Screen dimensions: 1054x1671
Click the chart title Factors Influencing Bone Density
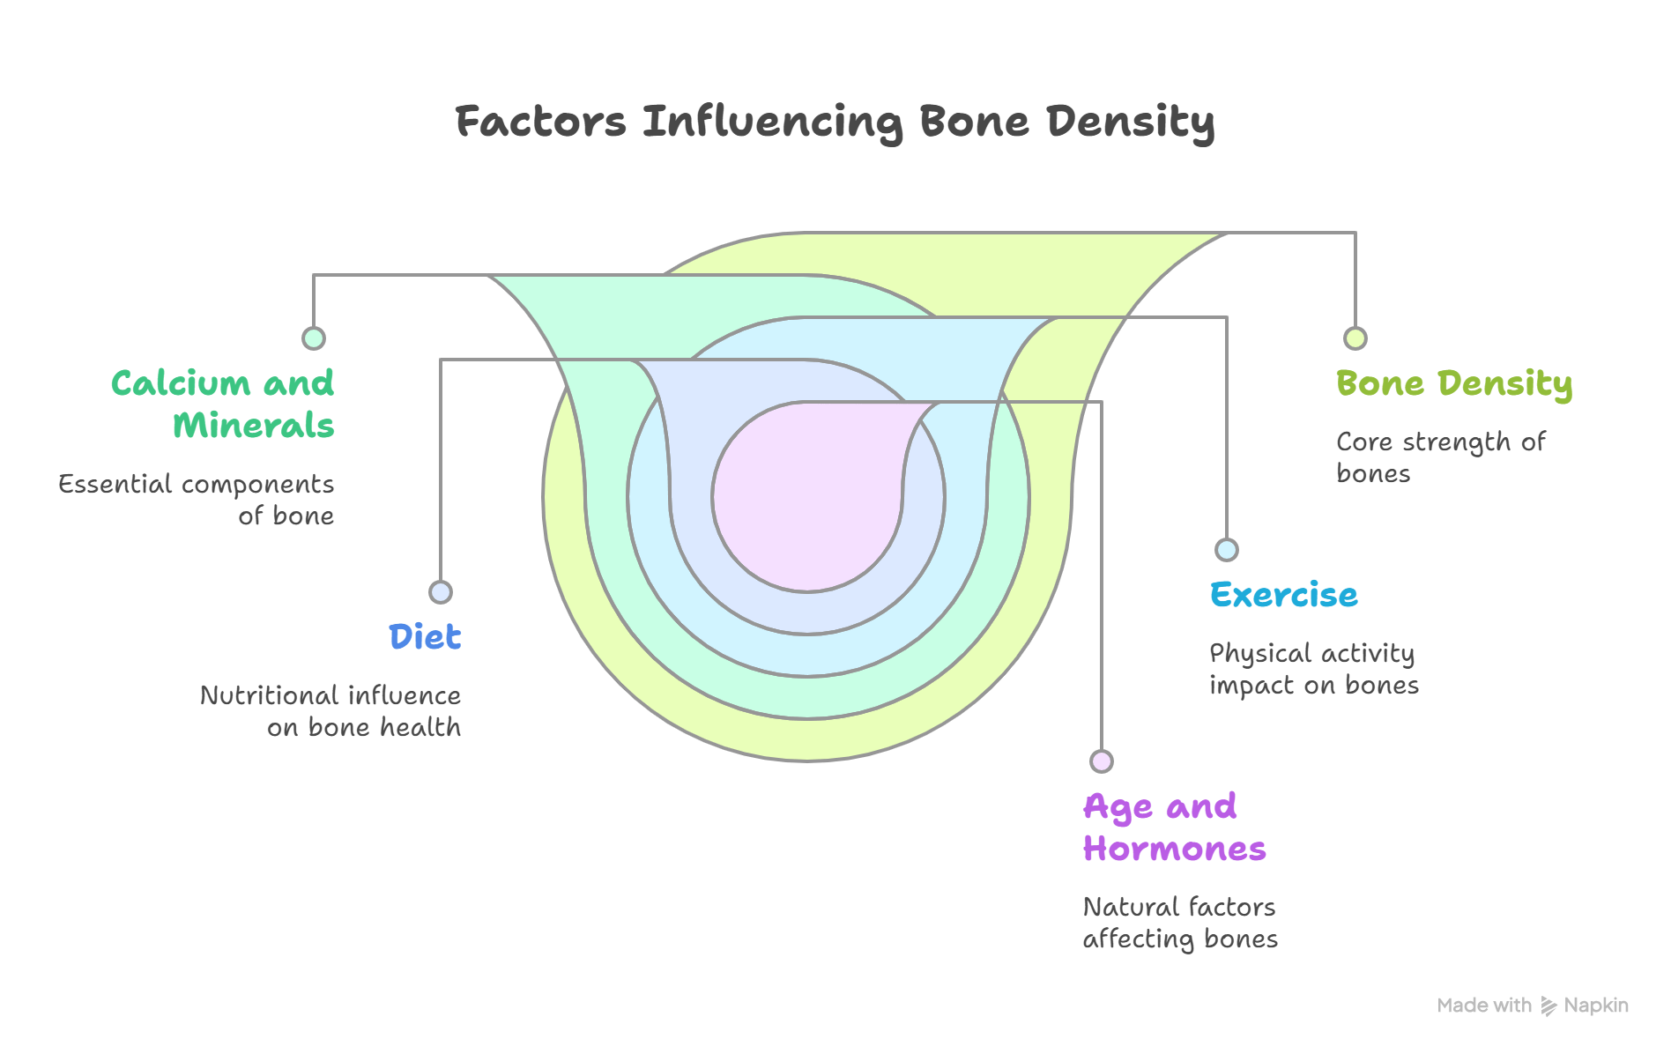pyautogui.click(x=835, y=122)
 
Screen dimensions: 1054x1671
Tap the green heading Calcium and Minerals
pyautogui.click(x=224, y=405)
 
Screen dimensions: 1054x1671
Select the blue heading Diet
pyautogui.click(x=425, y=636)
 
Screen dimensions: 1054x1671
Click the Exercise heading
pyautogui.click(x=1283, y=595)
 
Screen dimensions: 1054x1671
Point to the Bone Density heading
pyautogui.click(x=1453, y=384)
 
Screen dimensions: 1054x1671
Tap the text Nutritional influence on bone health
pyautogui.click(x=331, y=711)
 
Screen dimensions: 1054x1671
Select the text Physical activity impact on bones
pyautogui.click(x=1313, y=669)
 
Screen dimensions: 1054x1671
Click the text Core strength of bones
pyautogui.click(x=1440, y=457)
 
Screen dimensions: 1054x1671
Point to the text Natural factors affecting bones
pyautogui.click(x=1179, y=923)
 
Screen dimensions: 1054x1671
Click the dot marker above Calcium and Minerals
pyautogui.click(x=314, y=338)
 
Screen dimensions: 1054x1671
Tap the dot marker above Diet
pyautogui.click(x=441, y=592)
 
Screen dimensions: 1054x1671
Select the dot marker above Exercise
pyautogui.click(x=1227, y=550)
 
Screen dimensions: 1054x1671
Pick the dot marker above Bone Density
pyautogui.click(x=1355, y=338)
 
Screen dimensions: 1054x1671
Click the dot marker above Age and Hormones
pyautogui.click(x=1102, y=761)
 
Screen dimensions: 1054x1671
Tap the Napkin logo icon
pyautogui.click(x=1548, y=1006)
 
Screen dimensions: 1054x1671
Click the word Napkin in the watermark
pyautogui.click(x=1596, y=1006)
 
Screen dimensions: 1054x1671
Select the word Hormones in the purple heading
pyautogui.click(x=1174, y=849)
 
